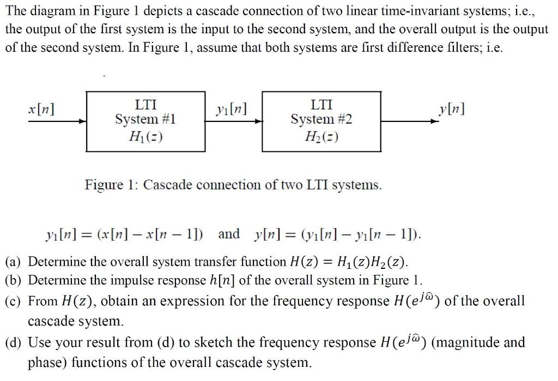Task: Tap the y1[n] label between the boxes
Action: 231,109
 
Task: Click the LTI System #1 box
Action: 145,121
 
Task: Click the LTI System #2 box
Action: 321,121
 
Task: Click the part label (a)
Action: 15,262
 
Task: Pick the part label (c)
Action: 15,301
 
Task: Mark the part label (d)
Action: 15,342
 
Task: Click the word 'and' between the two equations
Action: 229,235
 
